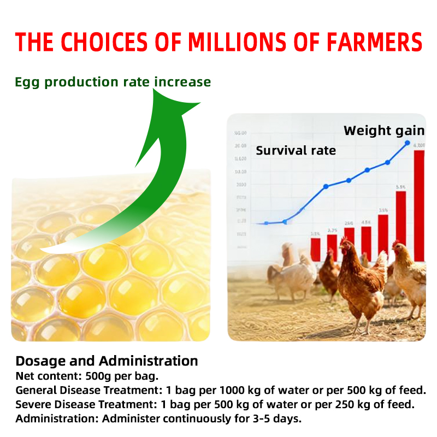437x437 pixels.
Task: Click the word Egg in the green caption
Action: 27,82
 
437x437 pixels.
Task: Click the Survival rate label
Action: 296,151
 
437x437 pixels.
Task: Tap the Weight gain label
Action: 383,131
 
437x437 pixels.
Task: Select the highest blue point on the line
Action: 407,143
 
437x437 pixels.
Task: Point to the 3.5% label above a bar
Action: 383,210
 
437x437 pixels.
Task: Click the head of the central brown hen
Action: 347,244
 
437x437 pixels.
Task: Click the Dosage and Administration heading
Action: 107,361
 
